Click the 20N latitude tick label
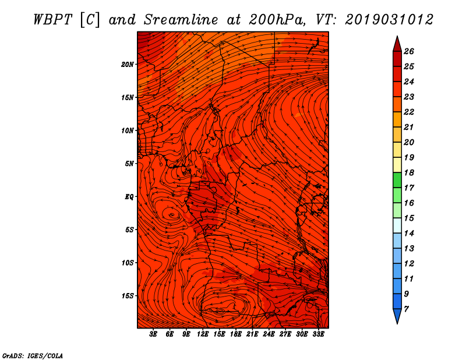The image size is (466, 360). click(x=127, y=65)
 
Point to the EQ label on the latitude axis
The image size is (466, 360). click(x=129, y=197)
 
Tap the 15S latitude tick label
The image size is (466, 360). click(x=127, y=296)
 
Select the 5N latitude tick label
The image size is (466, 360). click(x=129, y=164)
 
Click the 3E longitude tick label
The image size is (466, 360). click(x=153, y=334)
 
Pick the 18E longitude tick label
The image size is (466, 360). click(x=236, y=334)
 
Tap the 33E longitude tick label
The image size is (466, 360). click(x=318, y=334)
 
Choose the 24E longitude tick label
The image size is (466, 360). click(x=269, y=334)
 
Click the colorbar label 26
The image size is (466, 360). click(x=409, y=51)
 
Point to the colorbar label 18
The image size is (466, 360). click(x=409, y=172)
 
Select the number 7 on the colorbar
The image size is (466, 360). click(x=406, y=309)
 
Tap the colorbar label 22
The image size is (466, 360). click(x=409, y=112)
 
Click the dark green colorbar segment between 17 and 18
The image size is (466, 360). click(x=397, y=180)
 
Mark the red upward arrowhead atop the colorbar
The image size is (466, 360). click(x=397, y=44)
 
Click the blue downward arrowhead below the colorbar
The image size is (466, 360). click(x=397, y=316)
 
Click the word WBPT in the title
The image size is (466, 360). click(x=52, y=20)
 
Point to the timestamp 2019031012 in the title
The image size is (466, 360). click(x=389, y=20)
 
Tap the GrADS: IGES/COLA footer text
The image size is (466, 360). click(x=33, y=356)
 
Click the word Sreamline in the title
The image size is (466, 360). click(x=181, y=20)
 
